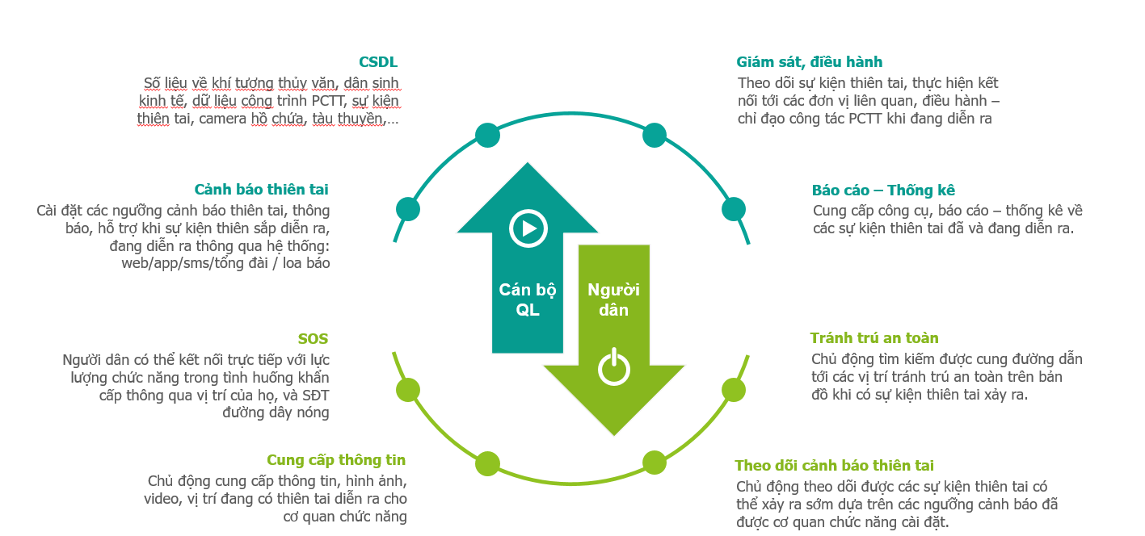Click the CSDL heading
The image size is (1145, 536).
click(x=377, y=62)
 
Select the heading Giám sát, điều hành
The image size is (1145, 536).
click(x=809, y=62)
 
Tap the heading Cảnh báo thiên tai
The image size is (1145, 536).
click(x=261, y=190)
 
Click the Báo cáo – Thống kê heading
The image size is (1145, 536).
click(x=883, y=190)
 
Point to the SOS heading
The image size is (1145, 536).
click(x=313, y=338)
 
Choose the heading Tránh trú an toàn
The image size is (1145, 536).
click(x=874, y=338)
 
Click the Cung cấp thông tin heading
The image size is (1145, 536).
click(x=336, y=460)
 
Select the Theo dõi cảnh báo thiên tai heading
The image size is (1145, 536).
click(x=834, y=466)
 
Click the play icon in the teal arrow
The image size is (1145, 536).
click(x=528, y=228)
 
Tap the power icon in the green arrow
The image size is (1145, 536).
click(x=614, y=366)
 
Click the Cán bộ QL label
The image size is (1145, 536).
click(x=528, y=299)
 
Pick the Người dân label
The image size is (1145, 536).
click(x=613, y=299)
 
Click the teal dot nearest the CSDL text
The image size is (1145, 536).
click(x=487, y=136)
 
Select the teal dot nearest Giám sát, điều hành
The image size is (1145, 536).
click(x=655, y=136)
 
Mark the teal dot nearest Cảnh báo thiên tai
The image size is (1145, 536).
click(x=408, y=209)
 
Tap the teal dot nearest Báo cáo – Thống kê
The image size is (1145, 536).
click(x=734, y=209)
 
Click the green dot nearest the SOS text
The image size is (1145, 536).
click(x=408, y=391)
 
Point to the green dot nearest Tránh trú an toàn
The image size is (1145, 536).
click(x=734, y=391)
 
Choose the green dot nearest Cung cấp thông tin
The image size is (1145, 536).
click(x=487, y=463)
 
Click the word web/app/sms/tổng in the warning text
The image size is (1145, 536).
click(x=195, y=263)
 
